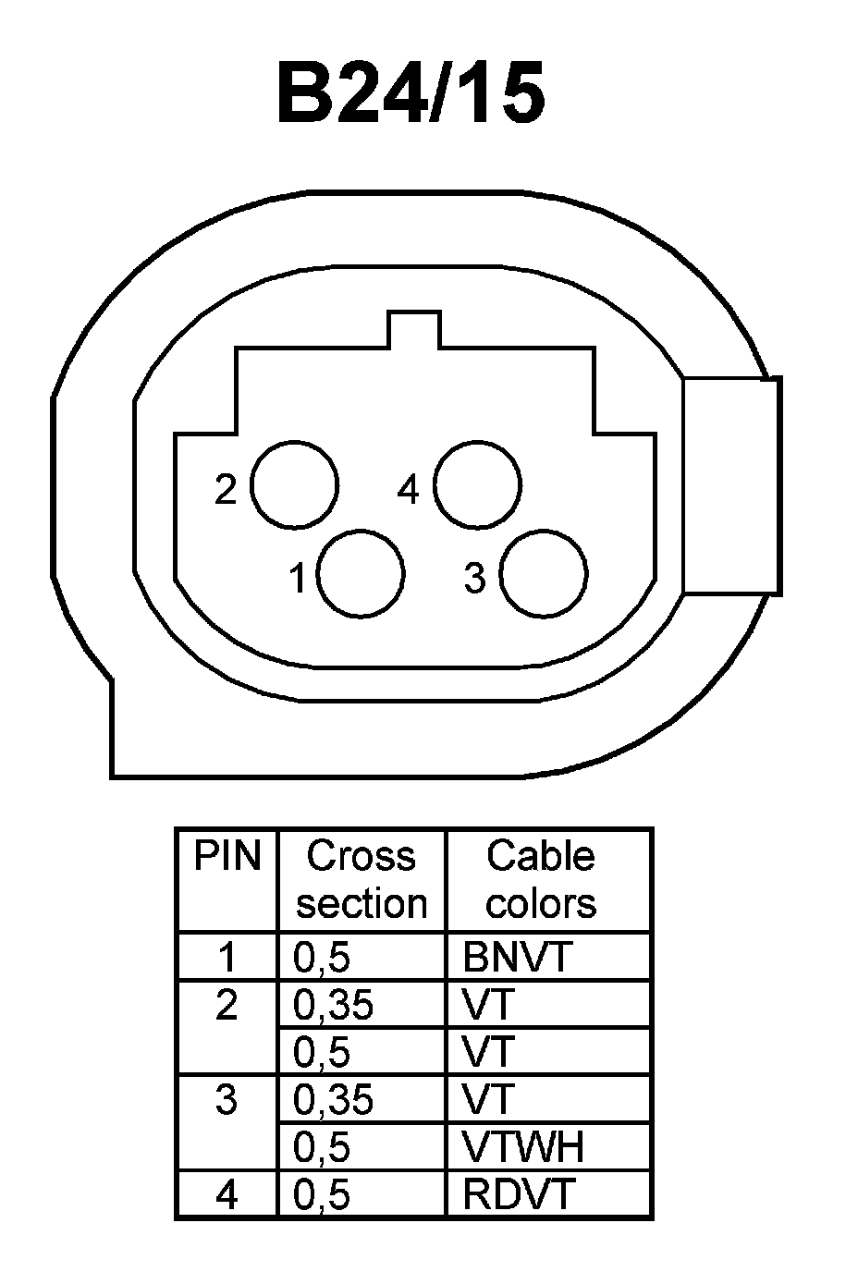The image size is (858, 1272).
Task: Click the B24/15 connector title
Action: [411, 94]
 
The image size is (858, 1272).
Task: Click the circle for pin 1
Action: [361, 573]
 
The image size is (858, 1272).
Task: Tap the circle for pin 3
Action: [544, 573]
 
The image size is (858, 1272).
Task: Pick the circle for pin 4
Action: [477, 486]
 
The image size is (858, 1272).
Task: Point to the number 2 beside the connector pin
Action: [226, 489]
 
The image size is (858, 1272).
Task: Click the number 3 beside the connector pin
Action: [474, 579]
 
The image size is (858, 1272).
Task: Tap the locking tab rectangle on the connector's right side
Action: [731, 485]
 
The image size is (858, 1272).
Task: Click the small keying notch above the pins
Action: [413, 330]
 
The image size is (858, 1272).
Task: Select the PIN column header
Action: [227, 856]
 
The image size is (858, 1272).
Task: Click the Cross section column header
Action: [362, 879]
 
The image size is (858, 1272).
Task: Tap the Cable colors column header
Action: [541, 879]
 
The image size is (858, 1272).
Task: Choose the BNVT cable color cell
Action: [518, 958]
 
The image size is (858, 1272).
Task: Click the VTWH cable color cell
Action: [523, 1147]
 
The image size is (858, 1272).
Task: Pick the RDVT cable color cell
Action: [519, 1194]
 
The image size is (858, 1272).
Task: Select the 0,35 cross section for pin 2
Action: [333, 1005]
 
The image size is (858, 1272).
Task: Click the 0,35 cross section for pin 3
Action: [333, 1099]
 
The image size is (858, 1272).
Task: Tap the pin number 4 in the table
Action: [227, 1195]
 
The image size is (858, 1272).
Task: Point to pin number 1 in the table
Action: [227, 958]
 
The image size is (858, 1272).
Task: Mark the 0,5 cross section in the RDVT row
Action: [322, 1195]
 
